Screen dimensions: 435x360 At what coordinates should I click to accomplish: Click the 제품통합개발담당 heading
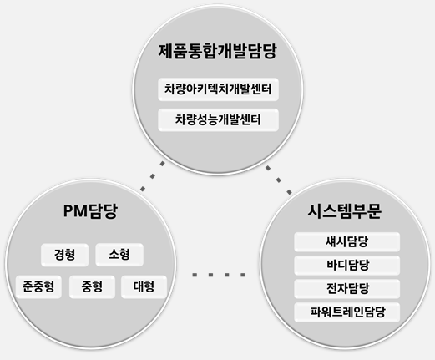click(217, 51)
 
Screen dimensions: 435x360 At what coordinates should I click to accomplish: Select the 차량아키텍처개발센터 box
click(218, 89)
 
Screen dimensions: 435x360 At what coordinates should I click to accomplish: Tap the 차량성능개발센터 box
click(218, 120)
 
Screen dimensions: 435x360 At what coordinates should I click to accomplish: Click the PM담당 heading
click(90, 211)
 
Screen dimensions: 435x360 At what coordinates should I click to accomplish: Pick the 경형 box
click(64, 255)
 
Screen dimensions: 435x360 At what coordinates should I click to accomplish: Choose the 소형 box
click(119, 255)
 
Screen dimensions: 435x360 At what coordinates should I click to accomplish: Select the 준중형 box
click(38, 286)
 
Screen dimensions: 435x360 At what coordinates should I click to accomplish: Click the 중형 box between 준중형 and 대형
click(92, 286)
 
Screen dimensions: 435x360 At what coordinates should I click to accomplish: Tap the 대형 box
click(144, 286)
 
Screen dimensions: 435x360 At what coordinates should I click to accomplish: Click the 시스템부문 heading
click(345, 211)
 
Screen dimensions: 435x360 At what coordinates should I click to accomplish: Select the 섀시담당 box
click(347, 241)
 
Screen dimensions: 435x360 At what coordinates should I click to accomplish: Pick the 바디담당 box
click(347, 265)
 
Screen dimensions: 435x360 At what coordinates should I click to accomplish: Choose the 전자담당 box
click(347, 288)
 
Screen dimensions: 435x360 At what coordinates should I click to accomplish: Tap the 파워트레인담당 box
click(347, 312)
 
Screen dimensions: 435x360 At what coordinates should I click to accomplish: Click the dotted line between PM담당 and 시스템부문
click(219, 275)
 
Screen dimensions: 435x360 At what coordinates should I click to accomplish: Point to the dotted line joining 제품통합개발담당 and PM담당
click(153, 176)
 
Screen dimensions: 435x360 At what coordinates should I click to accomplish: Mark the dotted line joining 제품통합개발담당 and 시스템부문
click(279, 180)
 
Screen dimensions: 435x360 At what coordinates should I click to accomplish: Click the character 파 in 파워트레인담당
click(316, 312)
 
